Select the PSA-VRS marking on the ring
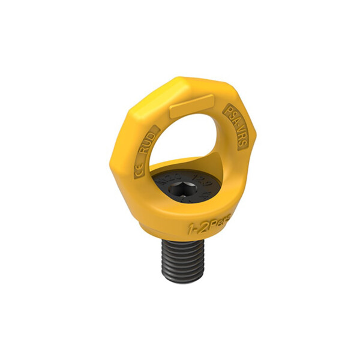pyautogui.click(x=235, y=127)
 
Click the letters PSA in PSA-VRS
pyautogui.click(x=230, y=116)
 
